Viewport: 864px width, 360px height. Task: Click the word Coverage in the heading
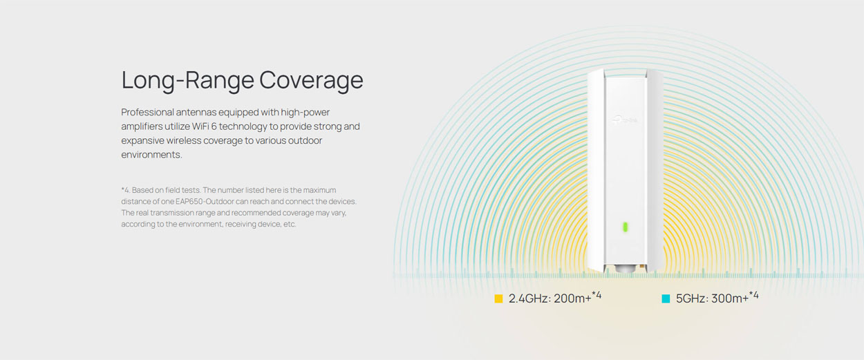coord(311,80)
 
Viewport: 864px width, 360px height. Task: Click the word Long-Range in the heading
coord(188,80)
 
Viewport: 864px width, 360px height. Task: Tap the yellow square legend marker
coord(498,299)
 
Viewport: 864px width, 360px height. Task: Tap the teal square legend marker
coord(666,299)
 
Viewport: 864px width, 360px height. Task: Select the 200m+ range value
coord(572,299)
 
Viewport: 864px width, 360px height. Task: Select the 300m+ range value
coord(730,299)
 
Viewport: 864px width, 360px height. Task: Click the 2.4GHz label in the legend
coord(529,299)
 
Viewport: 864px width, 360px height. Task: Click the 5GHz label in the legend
coord(691,299)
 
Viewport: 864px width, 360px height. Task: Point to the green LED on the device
coord(626,227)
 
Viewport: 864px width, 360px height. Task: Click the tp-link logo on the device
coord(626,120)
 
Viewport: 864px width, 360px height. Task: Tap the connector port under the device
coord(625,268)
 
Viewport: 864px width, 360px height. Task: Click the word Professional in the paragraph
coord(148,112)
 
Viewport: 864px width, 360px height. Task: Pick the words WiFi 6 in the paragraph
coord(204,126)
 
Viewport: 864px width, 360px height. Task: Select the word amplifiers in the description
coord(142,127)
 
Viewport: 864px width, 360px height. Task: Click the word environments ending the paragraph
coord(151,155)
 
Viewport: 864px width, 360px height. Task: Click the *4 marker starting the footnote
coord(126,190)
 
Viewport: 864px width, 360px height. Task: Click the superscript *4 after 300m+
coord(753,296)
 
